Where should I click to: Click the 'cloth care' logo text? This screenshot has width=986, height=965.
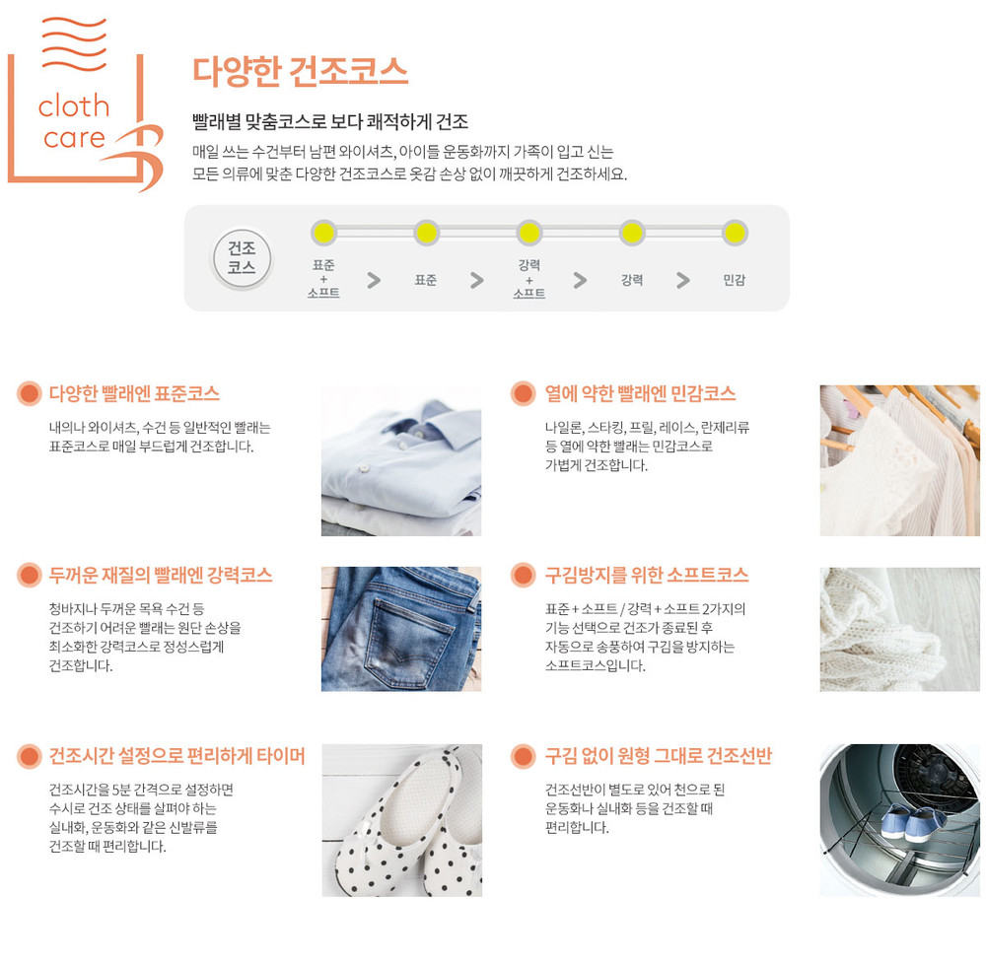[74, 121]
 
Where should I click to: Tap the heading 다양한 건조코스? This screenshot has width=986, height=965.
[300, 71]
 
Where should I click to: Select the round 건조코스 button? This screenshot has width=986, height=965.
[242, 257]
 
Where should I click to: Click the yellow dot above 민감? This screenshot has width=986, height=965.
[734, 233]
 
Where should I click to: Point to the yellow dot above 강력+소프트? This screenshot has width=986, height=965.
[528, 233]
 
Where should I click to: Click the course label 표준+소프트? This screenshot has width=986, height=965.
[323, 279]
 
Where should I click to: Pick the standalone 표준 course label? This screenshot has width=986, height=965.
[426, 280]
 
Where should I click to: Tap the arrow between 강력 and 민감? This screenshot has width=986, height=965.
[683, 280]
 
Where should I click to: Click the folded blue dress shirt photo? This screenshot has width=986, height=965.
[401, 460]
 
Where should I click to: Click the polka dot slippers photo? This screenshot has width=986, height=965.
[402, 820]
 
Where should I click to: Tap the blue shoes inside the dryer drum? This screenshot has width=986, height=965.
[912, 822]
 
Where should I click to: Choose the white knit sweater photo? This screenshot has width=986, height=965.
[900, 629]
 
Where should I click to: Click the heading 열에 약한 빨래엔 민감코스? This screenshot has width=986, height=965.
[640, 393]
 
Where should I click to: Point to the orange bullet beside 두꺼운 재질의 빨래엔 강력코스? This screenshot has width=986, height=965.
[29, 575]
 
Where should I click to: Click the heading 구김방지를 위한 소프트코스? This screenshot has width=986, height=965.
[647, 575]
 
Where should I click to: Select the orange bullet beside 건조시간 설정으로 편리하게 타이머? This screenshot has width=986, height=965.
[29, 756]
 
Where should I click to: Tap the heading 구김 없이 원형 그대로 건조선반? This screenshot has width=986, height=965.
[658, 756]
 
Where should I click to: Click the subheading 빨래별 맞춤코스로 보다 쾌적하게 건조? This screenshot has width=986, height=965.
[330, 121]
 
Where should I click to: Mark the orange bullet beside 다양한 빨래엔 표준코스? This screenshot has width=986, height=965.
[29, 393]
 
